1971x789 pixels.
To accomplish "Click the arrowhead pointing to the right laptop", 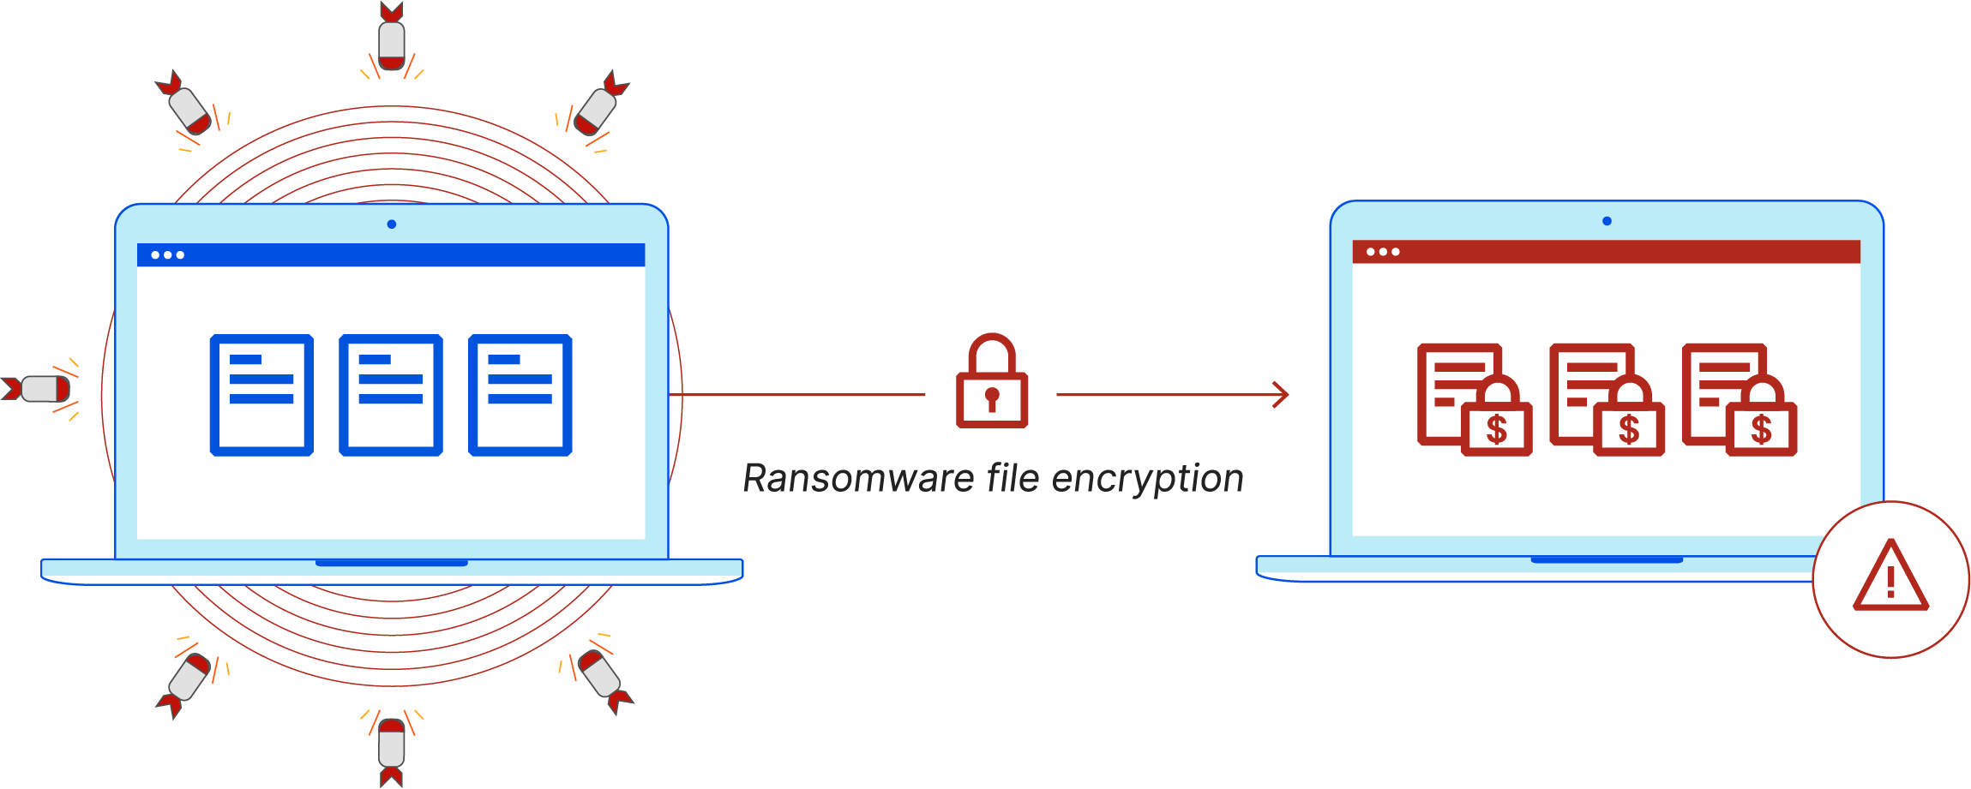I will pos(1281,395).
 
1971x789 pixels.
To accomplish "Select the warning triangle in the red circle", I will pos(1890,578).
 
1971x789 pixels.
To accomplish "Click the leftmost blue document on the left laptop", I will pos(261,395).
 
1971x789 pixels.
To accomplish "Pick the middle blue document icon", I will pos(391,395).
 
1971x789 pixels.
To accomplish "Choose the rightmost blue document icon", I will pos(520,395).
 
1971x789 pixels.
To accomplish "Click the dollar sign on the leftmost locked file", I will pos(1497,430).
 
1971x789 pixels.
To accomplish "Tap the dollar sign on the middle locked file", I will pos(1629,430).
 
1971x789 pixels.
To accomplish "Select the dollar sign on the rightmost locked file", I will pos(1761,430).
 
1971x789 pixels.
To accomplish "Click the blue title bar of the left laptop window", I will pos(391,254).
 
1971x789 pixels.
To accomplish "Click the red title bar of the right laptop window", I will pos(1606,252).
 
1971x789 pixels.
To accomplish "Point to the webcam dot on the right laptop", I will pos(1607,221).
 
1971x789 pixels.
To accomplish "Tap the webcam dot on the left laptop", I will pos(392,224).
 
